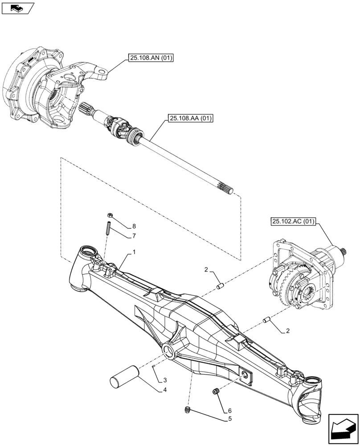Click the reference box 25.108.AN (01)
click(x=151, y=58)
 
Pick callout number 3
click(x=165, y=380)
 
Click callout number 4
click(x=165, y=390)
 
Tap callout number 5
click(x=229, y=419)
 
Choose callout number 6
click(x=229, y=410)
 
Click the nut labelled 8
click(x=110, y=216)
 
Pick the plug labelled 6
click(x=216, y=392)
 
